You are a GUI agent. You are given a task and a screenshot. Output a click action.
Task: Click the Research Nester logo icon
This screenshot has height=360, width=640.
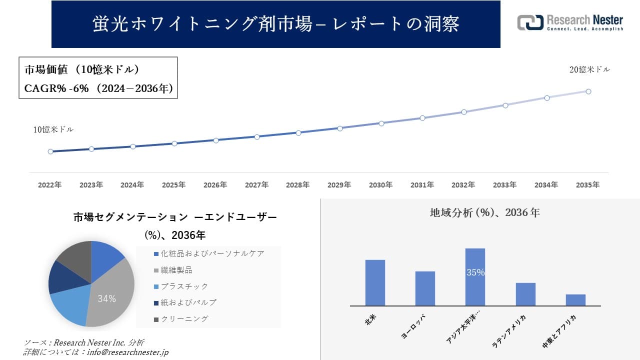pos(530,22)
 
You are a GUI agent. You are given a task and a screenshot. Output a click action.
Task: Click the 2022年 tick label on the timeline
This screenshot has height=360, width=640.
pos(50,185)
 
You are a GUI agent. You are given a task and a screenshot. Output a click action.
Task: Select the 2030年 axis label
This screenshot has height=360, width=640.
pos(380,185)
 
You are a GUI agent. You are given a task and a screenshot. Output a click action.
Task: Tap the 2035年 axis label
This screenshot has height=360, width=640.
pos(587,185)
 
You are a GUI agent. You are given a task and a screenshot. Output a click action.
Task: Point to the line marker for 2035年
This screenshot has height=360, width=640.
pos(588,91)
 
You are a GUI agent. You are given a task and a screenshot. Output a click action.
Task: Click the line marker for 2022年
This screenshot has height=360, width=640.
pos(50,151)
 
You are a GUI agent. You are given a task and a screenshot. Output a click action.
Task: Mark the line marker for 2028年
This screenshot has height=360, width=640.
pos(298,133)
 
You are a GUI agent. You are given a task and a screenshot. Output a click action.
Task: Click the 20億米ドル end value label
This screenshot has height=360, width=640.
pos(589,70)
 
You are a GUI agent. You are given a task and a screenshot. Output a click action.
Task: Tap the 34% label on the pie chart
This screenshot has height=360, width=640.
pos(106,299)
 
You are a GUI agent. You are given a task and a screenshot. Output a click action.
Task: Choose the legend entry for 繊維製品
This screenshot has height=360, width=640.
pos(175,270)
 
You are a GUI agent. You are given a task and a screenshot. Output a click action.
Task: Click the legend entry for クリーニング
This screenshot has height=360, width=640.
pos(183,318)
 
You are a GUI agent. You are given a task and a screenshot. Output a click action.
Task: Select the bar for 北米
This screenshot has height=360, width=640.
pos(375,282)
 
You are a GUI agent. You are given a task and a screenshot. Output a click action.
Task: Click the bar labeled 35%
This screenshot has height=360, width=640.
pos(475,276)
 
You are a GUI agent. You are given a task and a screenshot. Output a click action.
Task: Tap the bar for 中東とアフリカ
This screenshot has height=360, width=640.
pos(575,300)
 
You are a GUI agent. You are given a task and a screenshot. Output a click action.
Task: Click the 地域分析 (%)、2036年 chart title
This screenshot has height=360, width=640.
pos(484,212)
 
